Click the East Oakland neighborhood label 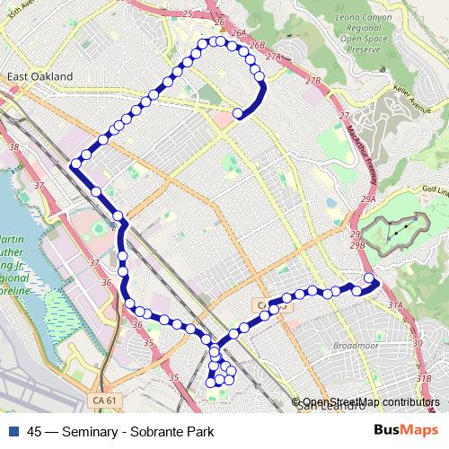pos(40,77)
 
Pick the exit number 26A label pos(238,33)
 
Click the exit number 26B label pos(258,45)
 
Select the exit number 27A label pos(274,57)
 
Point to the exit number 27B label pos(313,81)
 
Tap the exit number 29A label pos(366,198)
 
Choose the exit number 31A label pos(396,306)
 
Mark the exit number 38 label pos(13,145)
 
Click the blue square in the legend pos(15,430)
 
